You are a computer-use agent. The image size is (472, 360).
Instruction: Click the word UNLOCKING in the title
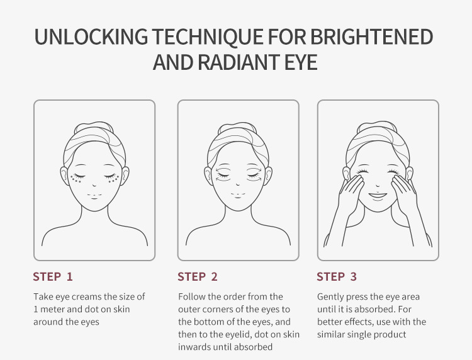[91, 37]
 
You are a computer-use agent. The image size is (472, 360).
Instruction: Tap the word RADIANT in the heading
[239, 62]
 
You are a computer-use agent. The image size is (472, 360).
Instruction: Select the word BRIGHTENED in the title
[371, 37]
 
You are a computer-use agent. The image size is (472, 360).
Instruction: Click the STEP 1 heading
[53, 277]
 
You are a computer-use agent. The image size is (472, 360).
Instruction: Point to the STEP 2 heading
[198, 277]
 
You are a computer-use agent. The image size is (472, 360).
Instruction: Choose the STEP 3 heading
[337, 277]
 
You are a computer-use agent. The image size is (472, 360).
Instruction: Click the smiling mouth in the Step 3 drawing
[378, 196]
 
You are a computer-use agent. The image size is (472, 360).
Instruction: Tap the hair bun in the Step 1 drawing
[94, 127]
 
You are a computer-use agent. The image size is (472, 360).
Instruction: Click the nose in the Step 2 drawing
[238, 184]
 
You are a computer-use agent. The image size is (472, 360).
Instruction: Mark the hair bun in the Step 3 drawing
[376, 126]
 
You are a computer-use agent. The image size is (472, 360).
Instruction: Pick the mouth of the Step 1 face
[94, 196]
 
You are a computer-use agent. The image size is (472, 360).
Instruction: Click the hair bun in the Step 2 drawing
[237, 127]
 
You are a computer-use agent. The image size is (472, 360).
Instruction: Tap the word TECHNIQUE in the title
[208, 37]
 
